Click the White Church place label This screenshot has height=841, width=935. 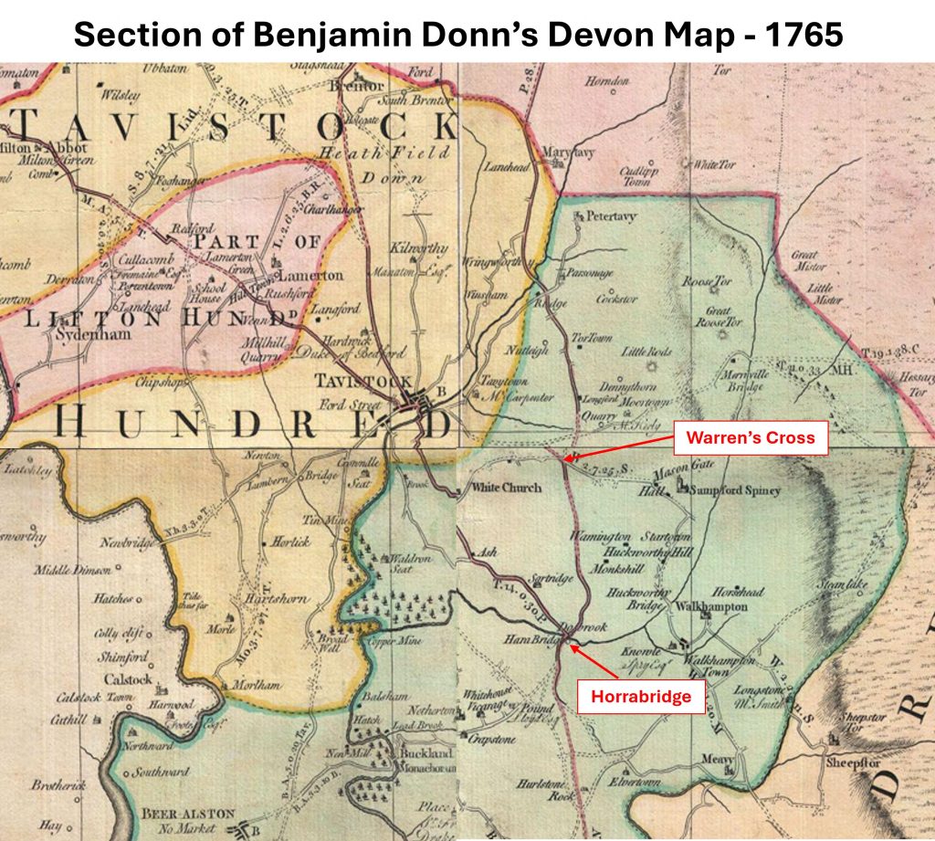505,488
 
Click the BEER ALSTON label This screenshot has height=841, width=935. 188,813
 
